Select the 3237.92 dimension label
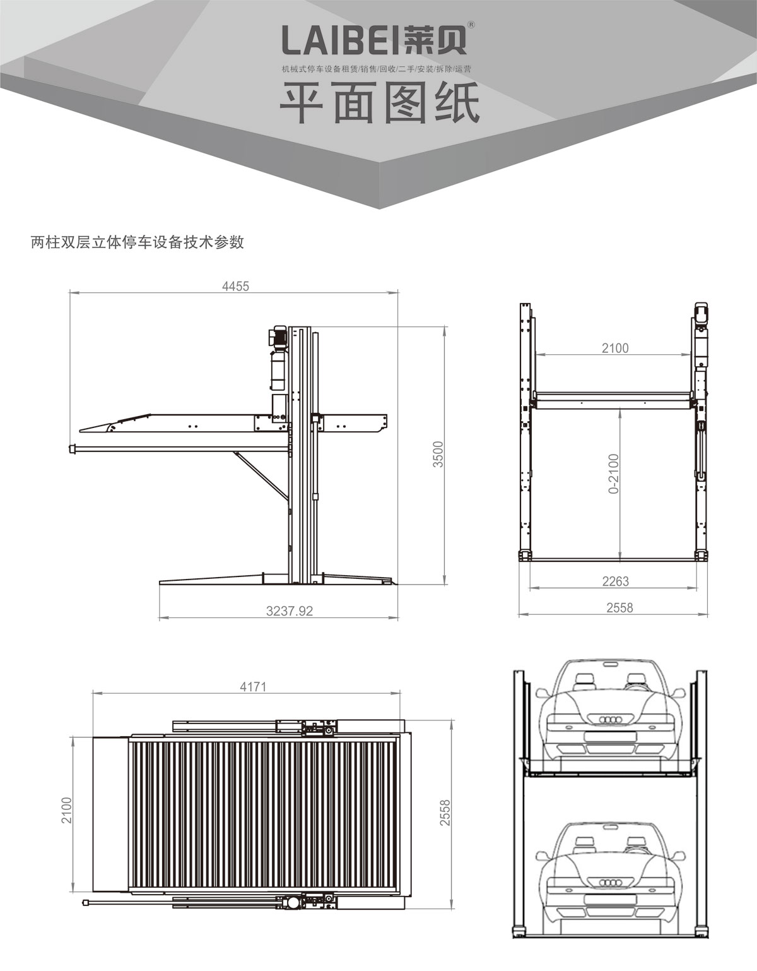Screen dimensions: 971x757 coord(290,611)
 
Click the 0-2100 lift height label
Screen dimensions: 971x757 coord(614,474)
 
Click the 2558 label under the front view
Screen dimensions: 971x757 coord(619,608)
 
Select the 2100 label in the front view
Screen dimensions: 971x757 coord(615,347)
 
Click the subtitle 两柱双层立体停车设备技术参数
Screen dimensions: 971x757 coord(138,242)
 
